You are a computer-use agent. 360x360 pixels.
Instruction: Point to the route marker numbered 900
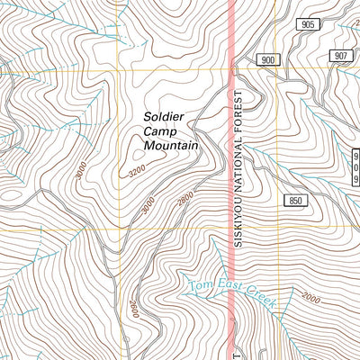pyautogui.click(x=268, y=59)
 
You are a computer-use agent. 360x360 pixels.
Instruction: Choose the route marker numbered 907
pyautogui.click(x=340, y=56)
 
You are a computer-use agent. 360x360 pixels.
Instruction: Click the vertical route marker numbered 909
pyautogui.click(x=355, y=165)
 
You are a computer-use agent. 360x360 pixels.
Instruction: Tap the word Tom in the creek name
pyautogui.click(x=199, y=286)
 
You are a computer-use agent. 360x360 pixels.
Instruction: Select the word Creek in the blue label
pyautogui.click(x=260, y=300)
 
